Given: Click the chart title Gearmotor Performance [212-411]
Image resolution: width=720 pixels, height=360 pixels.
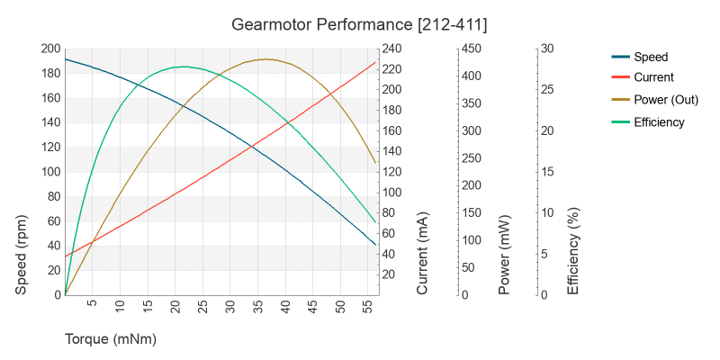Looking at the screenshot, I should (x=359, y=22).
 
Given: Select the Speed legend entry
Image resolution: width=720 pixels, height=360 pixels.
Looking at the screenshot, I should (x=651, y=56).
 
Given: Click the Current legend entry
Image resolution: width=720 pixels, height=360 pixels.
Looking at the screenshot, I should (x=653, y=77).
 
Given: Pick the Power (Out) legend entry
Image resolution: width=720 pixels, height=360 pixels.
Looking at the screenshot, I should (x=666, y=100).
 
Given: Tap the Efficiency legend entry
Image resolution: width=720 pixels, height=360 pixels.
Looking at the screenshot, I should (x=659, y=122).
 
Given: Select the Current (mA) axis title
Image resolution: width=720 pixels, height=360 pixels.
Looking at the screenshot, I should (x=423, y=255).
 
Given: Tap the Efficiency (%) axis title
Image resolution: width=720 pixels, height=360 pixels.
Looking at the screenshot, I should (x=572, y=255).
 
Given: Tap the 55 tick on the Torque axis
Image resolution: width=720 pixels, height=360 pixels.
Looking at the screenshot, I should (x=368, y=308).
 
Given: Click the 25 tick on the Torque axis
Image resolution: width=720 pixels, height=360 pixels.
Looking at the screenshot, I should (x=202, y=308).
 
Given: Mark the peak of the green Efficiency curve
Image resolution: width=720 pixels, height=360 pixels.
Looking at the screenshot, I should (x=184, y=67).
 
